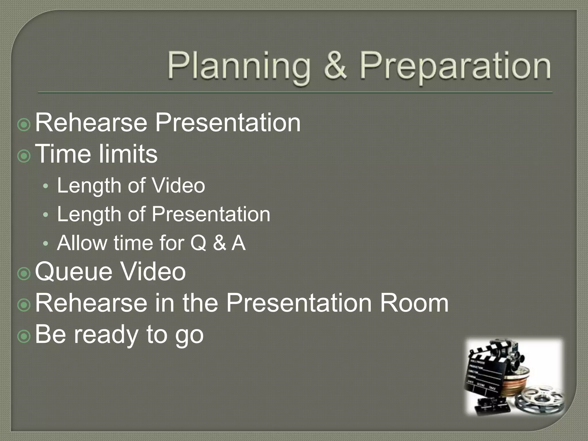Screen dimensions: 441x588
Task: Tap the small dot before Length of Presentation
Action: (46, 215)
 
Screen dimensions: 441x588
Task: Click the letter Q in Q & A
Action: (198, 243)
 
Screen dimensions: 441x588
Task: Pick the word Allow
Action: (82, 243)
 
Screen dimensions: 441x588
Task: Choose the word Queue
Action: (73, 272)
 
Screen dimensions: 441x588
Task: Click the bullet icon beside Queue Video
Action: (24, 274)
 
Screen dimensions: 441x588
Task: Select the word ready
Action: (107, 335)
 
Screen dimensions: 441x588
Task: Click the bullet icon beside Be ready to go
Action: (24, 336)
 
